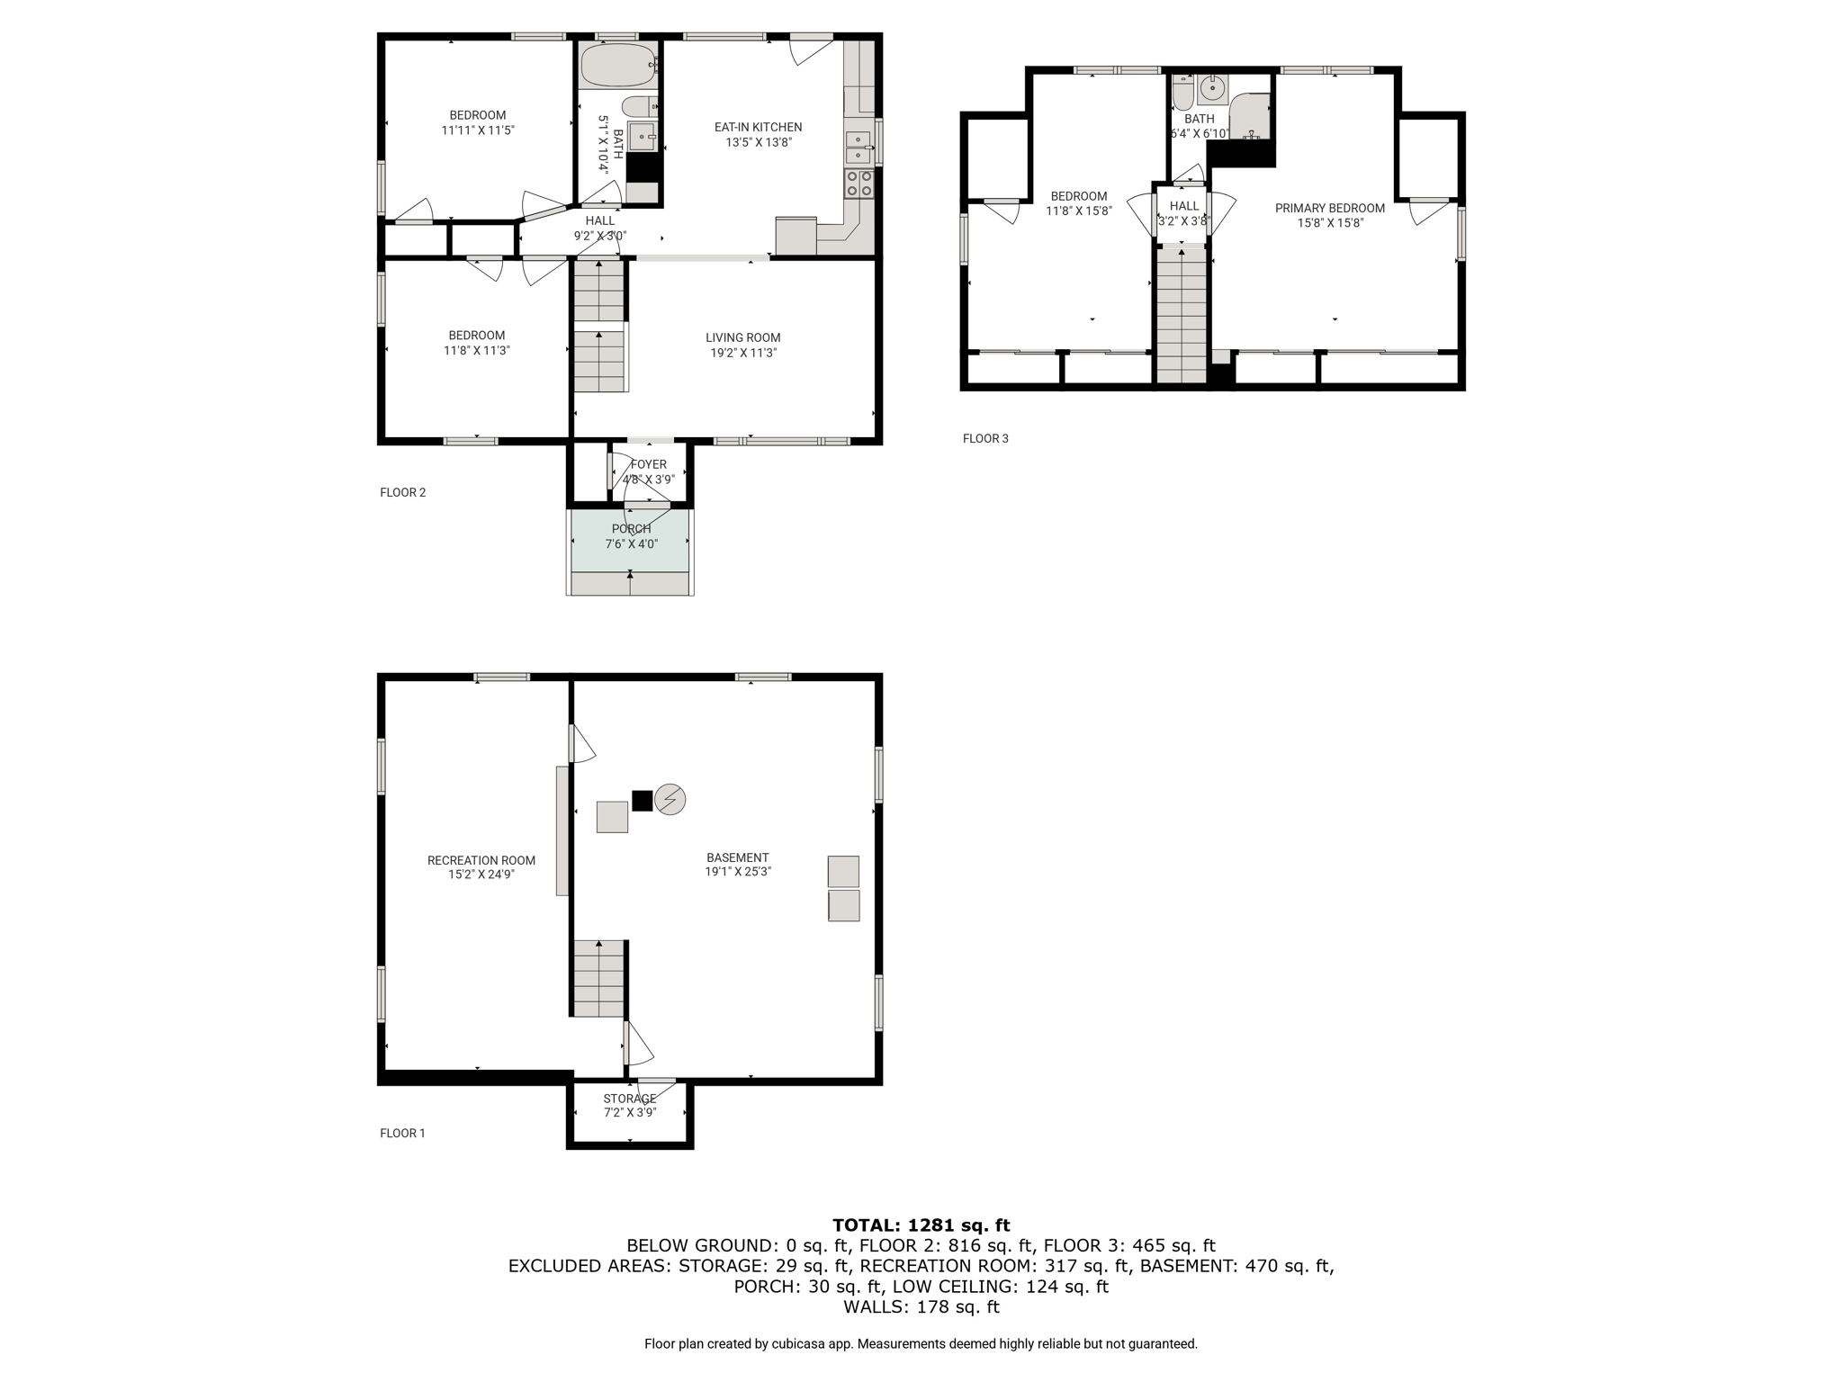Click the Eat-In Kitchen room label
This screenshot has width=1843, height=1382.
coord(758,127)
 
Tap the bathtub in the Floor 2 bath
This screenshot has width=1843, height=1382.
coord(618,65)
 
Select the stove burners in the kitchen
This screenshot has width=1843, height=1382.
coord(859,184)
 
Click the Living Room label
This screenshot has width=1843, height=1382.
coord(743,337)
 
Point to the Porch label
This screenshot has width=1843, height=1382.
coord(631,529)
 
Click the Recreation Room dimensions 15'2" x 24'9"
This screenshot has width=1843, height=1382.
coord(481,874)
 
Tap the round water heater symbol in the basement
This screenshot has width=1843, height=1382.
coord(670,799)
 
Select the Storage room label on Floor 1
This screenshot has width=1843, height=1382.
coord(630,1099)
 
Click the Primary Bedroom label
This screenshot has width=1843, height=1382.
coord(1330,208)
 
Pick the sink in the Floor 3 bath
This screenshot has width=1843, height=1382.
coord(1212,90)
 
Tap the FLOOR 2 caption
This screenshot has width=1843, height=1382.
coord(402,492)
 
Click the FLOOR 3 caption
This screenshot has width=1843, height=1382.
coord(985,438)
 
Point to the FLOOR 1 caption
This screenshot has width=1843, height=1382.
coord(402,1133)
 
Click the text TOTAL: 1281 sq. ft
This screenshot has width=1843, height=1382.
coord(921,1225)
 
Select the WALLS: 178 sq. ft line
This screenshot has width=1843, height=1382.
coord(921,1306)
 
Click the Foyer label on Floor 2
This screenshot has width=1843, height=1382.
coord(648,464)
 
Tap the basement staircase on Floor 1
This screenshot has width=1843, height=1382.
coord(599,979)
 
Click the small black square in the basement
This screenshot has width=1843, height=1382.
coord(642,800)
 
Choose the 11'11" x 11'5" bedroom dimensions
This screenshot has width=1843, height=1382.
coord(478,130)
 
